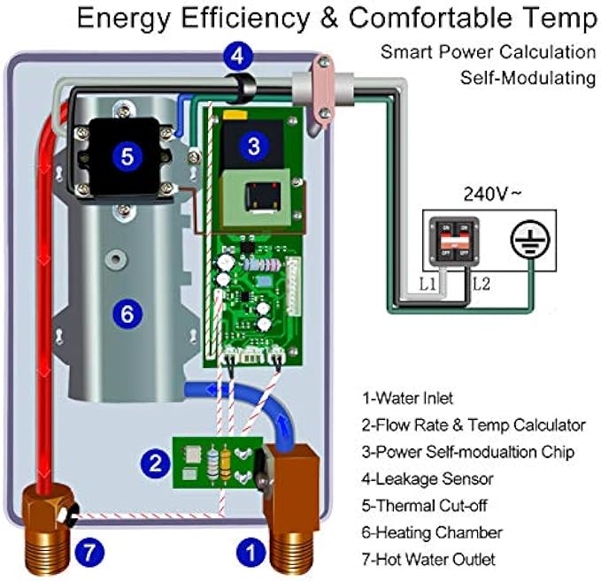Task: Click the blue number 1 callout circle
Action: [x=250, y=554]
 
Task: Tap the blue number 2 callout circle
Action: [x=157, y=461]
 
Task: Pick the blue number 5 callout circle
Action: [x=127, y=157]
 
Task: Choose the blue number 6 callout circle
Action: [x=127, y=312]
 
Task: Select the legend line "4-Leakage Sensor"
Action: [x=428, y=478]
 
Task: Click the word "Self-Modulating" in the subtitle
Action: [x=528, y=78]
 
